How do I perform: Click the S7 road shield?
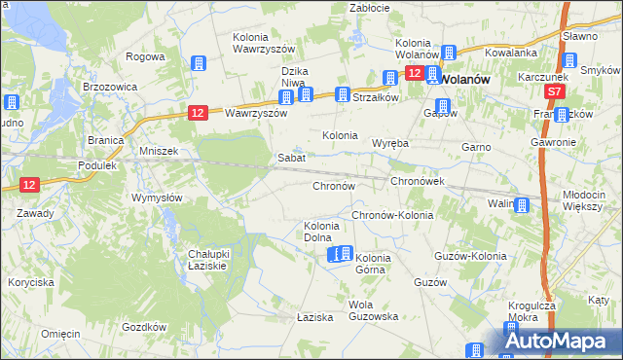[554, 90]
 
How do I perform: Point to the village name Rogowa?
[145, 56]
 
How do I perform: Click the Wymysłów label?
[157, 198]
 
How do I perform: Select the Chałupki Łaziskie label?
[207, 260]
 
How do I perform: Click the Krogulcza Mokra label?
[531, 310]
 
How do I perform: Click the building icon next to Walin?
[523, 204]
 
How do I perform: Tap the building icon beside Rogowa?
[199, 63]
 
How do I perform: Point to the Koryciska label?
[31, 281]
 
